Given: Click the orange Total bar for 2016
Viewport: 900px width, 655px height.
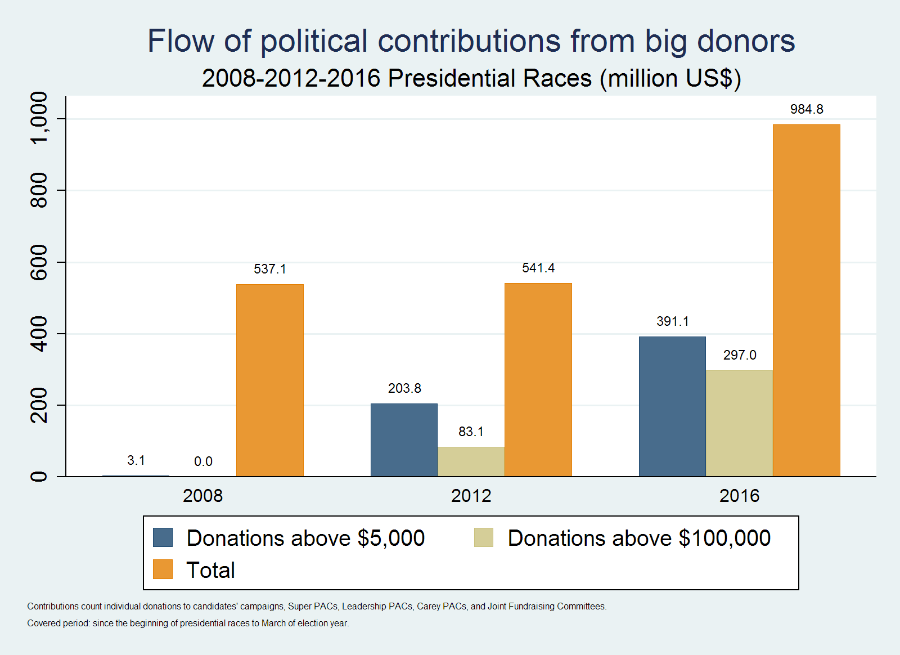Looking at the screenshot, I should (806, 300).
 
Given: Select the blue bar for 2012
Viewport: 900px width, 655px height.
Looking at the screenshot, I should (404, 440).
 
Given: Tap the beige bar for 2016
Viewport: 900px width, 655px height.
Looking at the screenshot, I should (739, 423).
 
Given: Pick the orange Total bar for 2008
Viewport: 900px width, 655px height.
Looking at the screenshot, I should (270, 380).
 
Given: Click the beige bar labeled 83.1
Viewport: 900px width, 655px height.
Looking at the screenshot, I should (471, 461).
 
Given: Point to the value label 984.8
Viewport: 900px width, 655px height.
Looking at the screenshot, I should (807, 109).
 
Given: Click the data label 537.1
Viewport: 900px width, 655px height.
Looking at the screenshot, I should (270, 269).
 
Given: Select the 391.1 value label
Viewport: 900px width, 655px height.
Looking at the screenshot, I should (673, 321).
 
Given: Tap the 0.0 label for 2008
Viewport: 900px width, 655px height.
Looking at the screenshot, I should (203, 461).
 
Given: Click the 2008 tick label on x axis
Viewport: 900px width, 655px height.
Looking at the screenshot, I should (203, 496).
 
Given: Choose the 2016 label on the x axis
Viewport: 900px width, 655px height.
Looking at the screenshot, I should (739, 496).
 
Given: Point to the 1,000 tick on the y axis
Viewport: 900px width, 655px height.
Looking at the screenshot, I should (39, 119).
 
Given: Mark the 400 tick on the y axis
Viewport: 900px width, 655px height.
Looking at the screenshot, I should (39, 334).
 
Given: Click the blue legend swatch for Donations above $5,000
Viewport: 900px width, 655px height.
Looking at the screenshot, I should (163, 537).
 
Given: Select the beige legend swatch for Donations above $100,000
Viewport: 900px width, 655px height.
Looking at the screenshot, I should (484, 537).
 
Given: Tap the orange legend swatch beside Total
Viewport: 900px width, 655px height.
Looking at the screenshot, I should (163, 569).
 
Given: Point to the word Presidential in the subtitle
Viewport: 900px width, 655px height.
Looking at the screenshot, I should (489, 78).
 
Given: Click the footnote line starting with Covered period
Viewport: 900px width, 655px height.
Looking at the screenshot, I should (188, 623).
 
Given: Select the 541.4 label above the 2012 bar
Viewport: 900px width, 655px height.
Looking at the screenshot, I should (538, 268).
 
